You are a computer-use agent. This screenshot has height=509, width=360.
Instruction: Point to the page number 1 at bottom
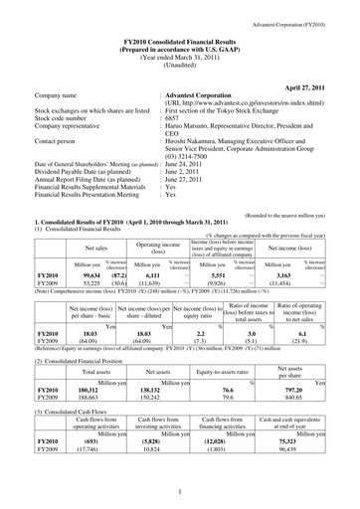tap(179, 491)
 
